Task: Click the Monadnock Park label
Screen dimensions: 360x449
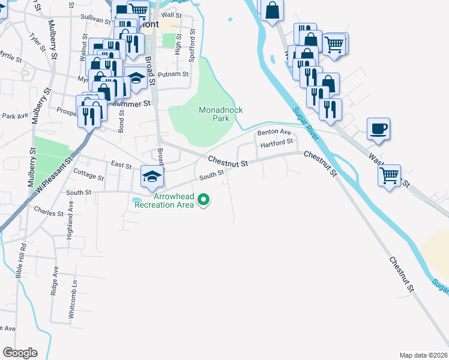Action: click(x=214, y=114)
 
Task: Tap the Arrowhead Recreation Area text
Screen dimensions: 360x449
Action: click(x=164, y=201)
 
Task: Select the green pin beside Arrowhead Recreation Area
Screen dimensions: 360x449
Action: click(x=204, y=200)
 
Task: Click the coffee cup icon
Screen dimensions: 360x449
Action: click(x=378, y=129)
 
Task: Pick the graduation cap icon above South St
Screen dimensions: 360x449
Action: click(x=152, y=176)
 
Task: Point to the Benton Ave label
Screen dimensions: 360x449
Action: click(x=274, y=132)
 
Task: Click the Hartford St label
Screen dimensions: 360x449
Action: click(x=276, y=143)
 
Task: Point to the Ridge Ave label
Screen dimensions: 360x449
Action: click(x=55, y=281)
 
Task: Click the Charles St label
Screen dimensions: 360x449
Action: click(x=49, y=212)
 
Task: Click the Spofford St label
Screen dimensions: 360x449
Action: click(x=193, y=44)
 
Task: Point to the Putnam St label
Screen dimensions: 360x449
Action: click(x=177, y=74)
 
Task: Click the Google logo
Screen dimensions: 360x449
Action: click(x=20, y=353)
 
